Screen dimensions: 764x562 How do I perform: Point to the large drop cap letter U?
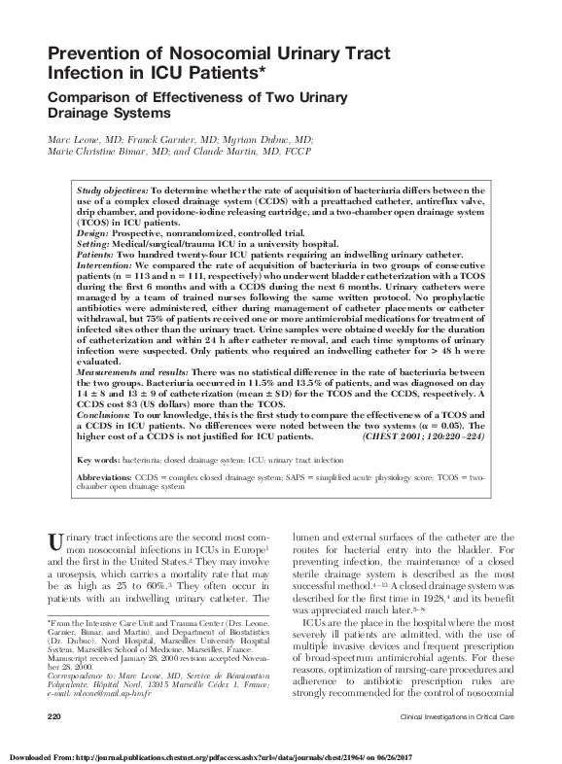[x=55, y=538]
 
